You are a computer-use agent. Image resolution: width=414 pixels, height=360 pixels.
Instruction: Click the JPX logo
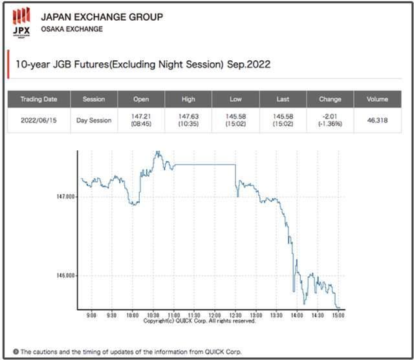tap(21, 23)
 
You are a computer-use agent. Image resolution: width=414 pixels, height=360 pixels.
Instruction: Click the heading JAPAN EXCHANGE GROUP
tap(102, 17)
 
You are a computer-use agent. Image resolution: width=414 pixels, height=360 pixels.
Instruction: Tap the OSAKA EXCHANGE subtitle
tap(71, 29)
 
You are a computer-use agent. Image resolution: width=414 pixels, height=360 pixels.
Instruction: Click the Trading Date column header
tap(39, 99)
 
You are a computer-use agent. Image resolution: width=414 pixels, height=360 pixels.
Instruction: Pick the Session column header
tap(94, 99)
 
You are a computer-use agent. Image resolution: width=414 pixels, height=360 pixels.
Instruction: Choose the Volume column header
tap(377, 99)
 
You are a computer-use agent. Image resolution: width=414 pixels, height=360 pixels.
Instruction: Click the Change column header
tap(330, 99)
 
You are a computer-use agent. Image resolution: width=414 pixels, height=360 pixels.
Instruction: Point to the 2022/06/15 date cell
tap(39, 120)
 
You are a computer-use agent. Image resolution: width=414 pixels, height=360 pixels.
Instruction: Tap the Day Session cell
tap(94, 120)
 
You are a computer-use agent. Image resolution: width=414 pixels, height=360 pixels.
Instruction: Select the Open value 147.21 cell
tap(141, 120)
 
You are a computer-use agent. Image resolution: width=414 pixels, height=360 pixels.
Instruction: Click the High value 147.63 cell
tap(188, 120)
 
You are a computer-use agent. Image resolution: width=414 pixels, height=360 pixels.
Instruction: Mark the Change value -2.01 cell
tap(330, 120)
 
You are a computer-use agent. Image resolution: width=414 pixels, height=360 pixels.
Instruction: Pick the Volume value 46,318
tap(377, 120)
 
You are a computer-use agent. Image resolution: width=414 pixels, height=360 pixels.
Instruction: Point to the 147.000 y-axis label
tap(66, 196)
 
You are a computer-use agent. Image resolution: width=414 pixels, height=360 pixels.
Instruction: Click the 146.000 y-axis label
tap(66, 276)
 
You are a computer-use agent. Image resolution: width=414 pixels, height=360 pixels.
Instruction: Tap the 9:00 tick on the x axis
tap(91, 315)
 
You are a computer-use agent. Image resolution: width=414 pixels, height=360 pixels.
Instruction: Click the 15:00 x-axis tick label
tap(338, 315)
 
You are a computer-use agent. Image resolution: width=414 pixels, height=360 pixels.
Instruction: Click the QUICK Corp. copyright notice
tap(199, 321)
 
